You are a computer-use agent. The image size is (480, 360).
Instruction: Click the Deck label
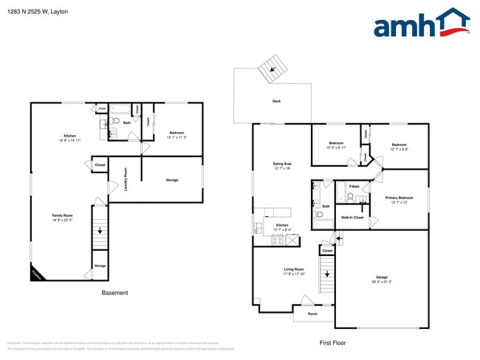pyautogui.click(x=276, y=101)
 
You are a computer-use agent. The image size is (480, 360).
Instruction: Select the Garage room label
pyautogui.click(x=382, y=277)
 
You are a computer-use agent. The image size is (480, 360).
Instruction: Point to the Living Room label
pyautogui.click(x=294, y=269)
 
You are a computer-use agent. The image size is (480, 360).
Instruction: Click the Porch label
pyautogui.click(x=312, y=314)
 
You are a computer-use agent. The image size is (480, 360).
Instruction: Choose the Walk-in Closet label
pyautogui.click(x=352, y=218)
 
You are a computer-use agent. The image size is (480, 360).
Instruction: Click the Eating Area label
pyautogui.click(x=283, y=164)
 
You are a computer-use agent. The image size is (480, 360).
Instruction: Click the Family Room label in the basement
pyautogui.click(x=61, y=215)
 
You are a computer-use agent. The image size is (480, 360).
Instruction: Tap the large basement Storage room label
pyautogui.click(x=171, y=180)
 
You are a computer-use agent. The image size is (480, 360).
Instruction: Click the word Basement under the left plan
pyautogui.click(x=114, y=293)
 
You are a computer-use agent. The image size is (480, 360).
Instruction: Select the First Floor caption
pyautogui.click(x=332, y=342)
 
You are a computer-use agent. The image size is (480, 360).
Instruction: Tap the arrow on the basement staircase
pyautogui.click(x=100, y=231)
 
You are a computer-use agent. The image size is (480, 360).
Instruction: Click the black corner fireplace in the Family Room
pyautogui.click(x=37, y=274)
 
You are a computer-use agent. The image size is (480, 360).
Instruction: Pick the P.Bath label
pyautogui.click(x=354, y=187)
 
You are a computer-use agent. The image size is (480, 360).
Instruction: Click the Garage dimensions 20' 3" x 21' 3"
pyautogui.click(x=382, y=282)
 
